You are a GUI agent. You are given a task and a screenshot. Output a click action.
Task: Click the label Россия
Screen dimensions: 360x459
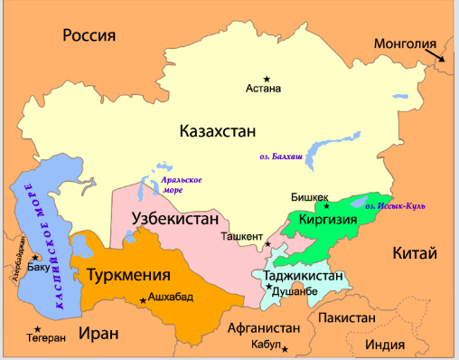[x=90, y=35]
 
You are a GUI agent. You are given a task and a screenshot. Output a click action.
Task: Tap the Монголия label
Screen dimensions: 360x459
[x=405, y=43]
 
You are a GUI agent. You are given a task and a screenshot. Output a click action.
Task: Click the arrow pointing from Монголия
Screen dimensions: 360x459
[x=437, y=56]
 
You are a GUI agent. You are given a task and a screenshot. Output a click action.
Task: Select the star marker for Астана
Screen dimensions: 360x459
[x=266, y=79]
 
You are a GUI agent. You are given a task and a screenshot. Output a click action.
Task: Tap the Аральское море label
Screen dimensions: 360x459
[x=181, y=185]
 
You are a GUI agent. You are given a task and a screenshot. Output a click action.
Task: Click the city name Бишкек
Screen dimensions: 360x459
[x=309, y=196]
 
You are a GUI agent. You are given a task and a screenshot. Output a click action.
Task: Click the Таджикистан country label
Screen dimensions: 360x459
[x=303, y=275]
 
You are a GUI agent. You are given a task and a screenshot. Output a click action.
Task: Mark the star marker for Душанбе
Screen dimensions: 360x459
[x=268, y=288]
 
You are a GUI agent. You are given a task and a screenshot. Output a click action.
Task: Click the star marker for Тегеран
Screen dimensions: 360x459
[x=37, y=328]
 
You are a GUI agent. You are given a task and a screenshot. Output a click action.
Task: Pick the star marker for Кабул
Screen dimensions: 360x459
[x=285, y=348]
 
